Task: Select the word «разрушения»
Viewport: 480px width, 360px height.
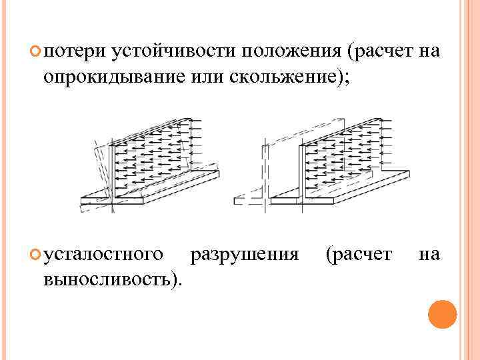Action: point(244,254)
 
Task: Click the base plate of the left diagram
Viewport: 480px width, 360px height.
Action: point(153,193)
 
